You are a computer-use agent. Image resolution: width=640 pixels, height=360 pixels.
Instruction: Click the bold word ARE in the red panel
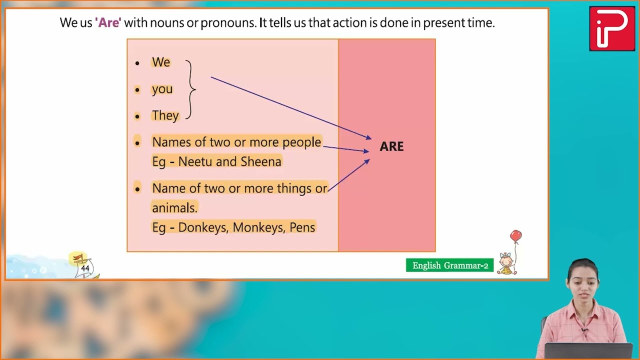[x=391, y=146]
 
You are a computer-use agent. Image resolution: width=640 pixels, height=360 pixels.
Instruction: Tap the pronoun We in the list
[x=161, y=62]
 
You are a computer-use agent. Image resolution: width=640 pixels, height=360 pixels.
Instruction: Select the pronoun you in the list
[x=162, y=89]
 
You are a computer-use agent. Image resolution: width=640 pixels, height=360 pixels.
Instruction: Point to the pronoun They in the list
[x=165, y=115]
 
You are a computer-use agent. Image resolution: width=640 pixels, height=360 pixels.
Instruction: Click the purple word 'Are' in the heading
[x=108, y=23]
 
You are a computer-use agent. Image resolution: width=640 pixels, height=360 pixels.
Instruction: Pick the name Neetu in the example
[x=195, y=161]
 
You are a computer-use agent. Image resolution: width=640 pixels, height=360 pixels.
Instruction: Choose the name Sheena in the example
[x=261, y=161]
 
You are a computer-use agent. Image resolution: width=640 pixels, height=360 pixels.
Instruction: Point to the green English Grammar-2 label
[x=450, y=265]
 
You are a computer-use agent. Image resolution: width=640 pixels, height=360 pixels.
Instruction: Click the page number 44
[x=85, y=268]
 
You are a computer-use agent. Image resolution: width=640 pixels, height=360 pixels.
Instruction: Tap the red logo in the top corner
[x=611, y=28]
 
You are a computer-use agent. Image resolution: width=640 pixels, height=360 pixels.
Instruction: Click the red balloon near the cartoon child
[x=515, y=236]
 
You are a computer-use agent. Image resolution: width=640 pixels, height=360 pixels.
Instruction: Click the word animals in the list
[x=174, y=208]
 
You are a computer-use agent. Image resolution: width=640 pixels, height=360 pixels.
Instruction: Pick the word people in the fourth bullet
[x=301, y=142]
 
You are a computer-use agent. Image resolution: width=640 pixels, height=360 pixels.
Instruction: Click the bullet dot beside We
[x=137, y=63]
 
